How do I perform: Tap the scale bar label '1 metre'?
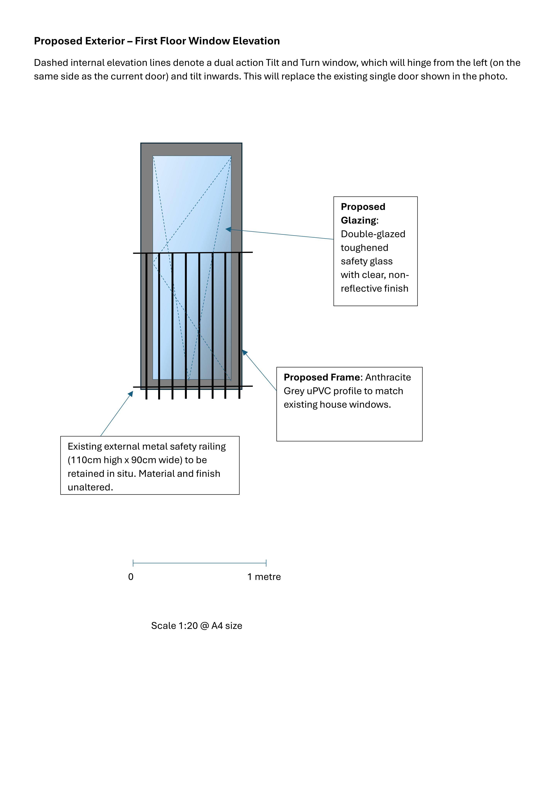tap(264, 577)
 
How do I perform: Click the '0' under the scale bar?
tap(131, 577)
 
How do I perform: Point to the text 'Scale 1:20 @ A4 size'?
tap(197, 626)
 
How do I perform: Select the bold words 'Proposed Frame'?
tap(322, 377)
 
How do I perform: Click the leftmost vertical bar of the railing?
tap(146, 326)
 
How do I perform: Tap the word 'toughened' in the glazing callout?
tap(364, 248)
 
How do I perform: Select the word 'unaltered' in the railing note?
tap(89, 487)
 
